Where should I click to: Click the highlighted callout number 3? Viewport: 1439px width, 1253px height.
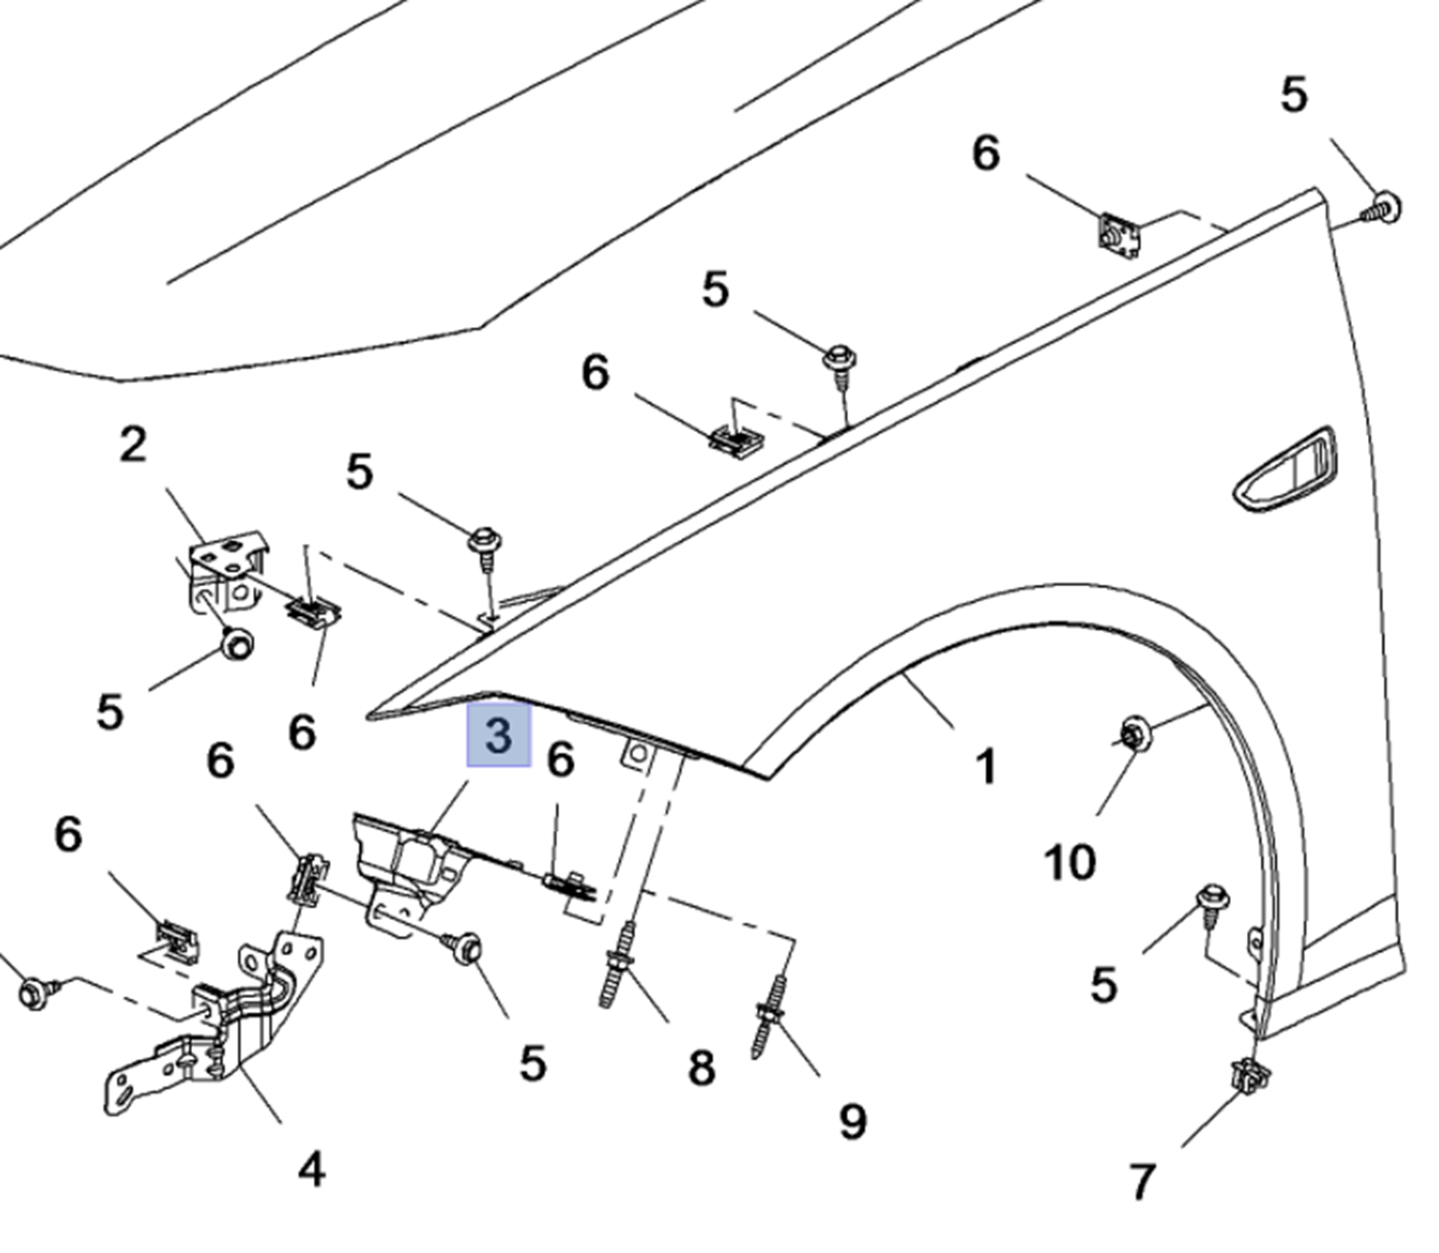[x=499, y=736]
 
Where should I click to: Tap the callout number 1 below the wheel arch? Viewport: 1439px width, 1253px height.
[x=985, y=768]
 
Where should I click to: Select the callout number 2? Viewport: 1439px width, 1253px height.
[x=133, y=444]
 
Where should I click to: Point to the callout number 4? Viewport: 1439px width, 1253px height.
[x=311, y=1170]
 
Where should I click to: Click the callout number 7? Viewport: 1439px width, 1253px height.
[x=1141, y=1181]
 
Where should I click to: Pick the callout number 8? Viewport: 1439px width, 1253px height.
[x=701, y=1067]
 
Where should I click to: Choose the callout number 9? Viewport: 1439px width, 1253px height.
[x=852, y=1121]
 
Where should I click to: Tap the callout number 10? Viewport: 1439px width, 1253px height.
[x=1069, y=863]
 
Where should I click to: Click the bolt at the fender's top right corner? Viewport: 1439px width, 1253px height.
[x=1382, y=206]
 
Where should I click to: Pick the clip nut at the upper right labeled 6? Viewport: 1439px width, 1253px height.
[x=1119, y=233]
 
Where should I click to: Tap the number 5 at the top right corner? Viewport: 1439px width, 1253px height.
[x=1293, y=95]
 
